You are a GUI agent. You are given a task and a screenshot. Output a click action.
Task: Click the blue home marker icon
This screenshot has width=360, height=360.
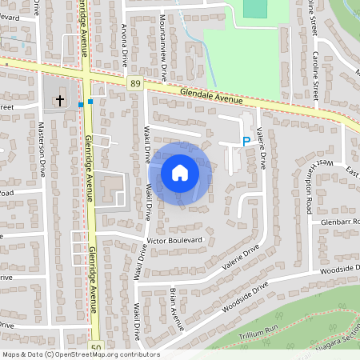coord(180,172)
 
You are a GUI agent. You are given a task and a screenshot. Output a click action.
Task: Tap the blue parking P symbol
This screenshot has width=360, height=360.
coord(246,142)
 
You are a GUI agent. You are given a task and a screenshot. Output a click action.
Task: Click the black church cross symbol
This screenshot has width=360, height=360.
coord(59,101)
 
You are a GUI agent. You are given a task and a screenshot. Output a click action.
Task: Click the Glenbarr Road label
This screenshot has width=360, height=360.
coord(341,221)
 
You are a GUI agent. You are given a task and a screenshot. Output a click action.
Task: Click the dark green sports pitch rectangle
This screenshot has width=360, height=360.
coord(254,8)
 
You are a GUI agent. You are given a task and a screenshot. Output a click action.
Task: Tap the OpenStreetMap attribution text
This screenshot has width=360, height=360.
coord(80,354)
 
